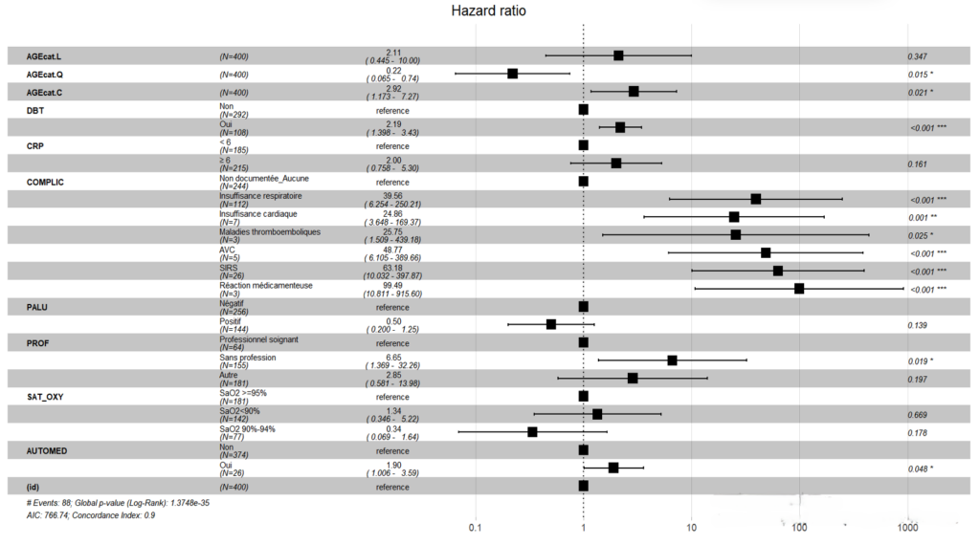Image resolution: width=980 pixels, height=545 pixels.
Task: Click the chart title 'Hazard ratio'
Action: (x=489, y=11)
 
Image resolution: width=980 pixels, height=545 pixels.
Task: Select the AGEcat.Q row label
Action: (x=44, y=74)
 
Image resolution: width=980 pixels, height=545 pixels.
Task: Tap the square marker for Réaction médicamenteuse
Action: (x=799, y=289)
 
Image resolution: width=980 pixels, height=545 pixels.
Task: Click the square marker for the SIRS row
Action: (x=778, y=271)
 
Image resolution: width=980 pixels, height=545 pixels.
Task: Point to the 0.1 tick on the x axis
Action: (x=475, y=528)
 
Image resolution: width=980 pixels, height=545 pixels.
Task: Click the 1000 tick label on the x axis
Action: (x=907, y=528)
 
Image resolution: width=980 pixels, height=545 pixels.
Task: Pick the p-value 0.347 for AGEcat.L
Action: (x=918, y=56)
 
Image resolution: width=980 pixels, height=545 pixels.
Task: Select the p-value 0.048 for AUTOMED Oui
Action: (x=920, y=469)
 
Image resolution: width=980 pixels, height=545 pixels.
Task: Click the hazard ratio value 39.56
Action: (x=391, y=194)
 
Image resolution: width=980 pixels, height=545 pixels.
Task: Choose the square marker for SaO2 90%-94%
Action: (x=532, y=432)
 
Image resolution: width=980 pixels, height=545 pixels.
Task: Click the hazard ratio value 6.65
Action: (x=391, y=357)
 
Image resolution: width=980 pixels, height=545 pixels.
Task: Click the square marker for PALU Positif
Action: (x=551, y=324)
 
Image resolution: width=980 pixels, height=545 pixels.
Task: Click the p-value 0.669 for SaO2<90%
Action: (x=918, y=415)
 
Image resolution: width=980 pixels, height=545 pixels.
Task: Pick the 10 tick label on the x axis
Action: (x=691, y=528)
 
